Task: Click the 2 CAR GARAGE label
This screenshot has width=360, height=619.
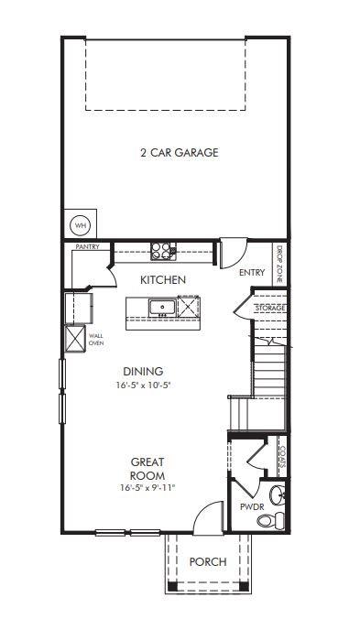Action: [179, 153]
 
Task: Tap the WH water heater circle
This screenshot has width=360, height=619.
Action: [81, 224]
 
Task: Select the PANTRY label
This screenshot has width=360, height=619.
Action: [87, 247]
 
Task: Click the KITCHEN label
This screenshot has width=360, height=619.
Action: [163, 279]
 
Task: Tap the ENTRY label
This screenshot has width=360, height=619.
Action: [251, 273]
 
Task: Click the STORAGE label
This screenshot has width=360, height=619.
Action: [270, 309]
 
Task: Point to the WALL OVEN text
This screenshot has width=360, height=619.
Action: [95, 339]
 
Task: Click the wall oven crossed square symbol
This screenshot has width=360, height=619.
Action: [73, 339]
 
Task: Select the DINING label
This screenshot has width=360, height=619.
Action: [143, 371]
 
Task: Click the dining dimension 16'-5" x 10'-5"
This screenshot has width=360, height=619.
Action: [143, 386]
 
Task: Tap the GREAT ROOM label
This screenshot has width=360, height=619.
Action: [147, 469]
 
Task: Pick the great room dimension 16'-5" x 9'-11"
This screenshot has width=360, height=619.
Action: [147, 489]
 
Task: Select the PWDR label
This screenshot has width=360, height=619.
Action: [251, 505]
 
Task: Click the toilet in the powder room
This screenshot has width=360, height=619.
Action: [267, 521]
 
